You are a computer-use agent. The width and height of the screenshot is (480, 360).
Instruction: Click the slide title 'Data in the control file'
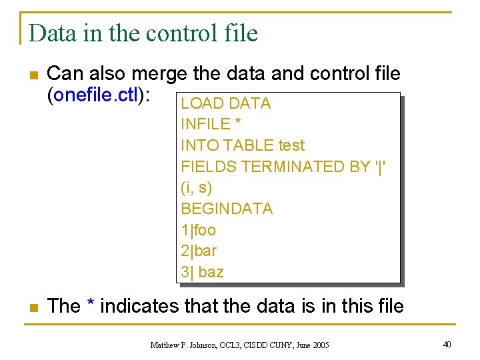point(143,32)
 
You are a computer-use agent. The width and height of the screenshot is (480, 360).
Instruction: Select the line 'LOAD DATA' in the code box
point(225,103)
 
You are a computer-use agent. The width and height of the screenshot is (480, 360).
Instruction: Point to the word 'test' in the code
point(291,145)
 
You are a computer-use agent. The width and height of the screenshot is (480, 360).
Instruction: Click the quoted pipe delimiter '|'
point(380,167)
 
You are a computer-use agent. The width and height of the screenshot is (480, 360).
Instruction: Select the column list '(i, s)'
point(196,187)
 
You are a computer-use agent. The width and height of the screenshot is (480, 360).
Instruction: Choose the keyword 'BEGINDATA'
point(227,209)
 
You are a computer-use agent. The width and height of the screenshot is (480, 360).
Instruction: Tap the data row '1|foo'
point(198,230)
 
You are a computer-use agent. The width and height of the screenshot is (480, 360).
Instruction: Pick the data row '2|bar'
point(199,251)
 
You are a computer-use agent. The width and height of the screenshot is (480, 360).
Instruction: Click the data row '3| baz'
point(202,272)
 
